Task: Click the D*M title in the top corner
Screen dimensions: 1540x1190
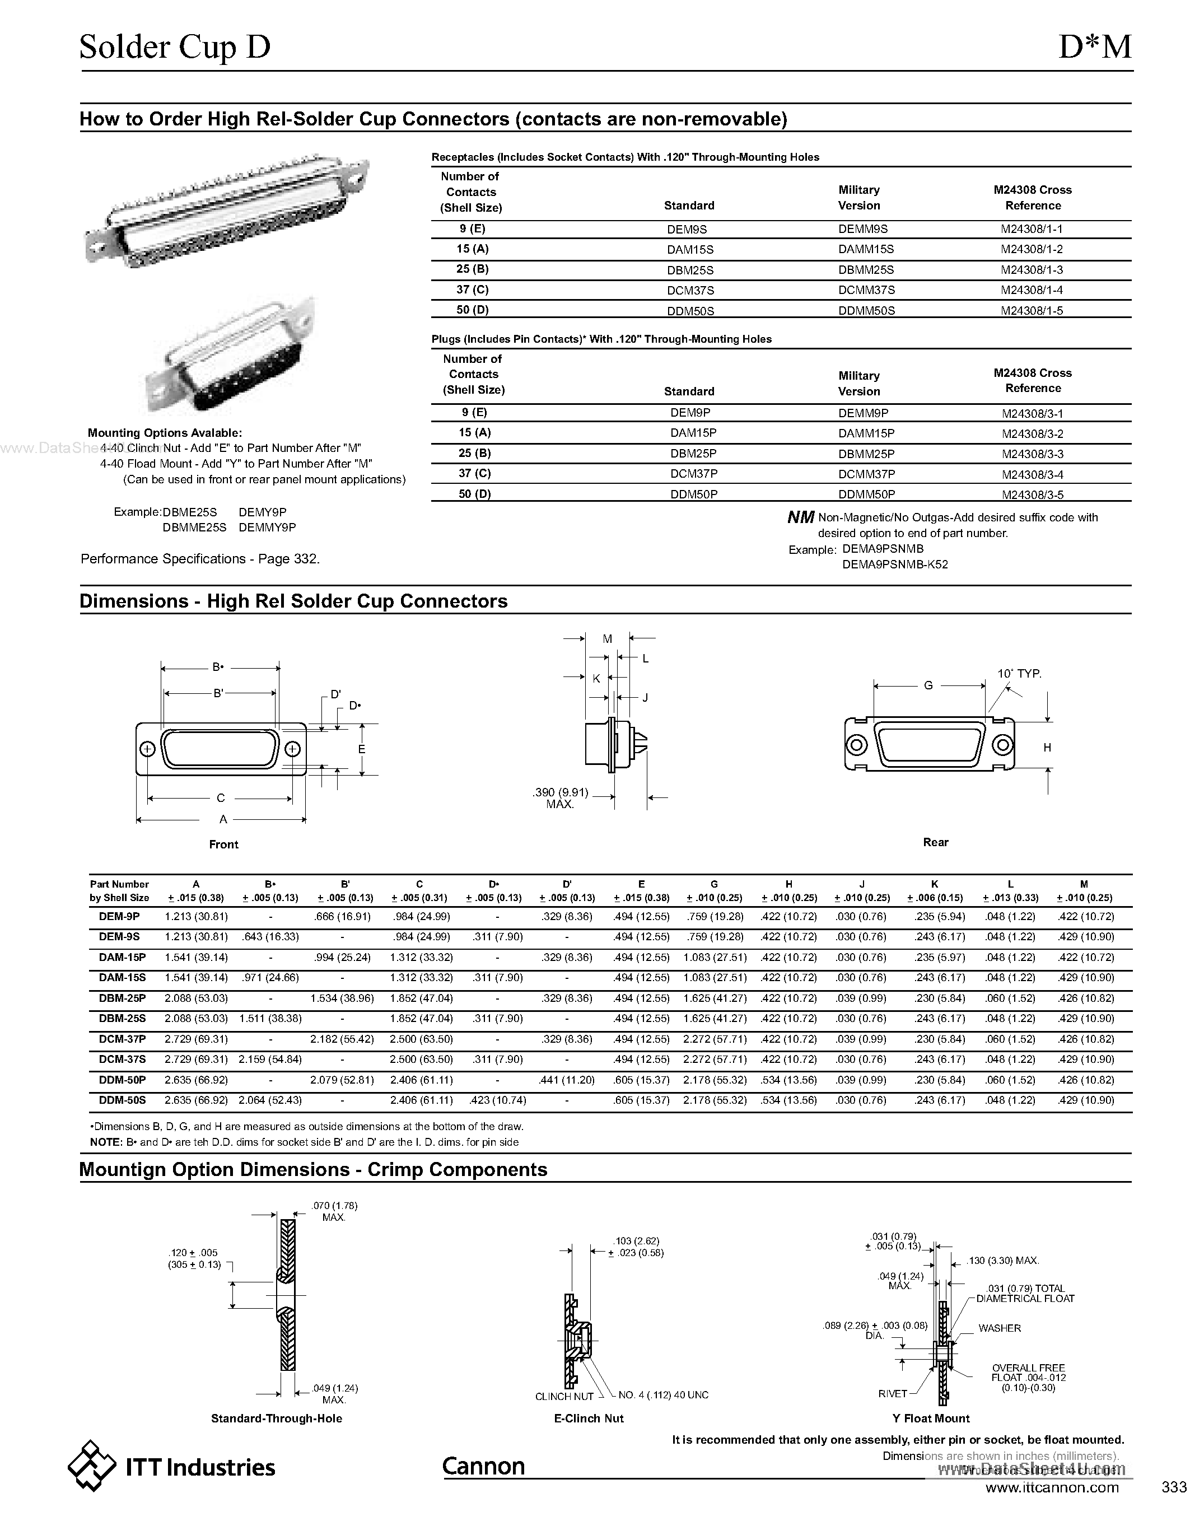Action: coord(1095,47)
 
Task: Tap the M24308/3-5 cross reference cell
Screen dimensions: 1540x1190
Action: coord(1032,495)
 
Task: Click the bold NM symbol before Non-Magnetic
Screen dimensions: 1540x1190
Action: coord(800,518)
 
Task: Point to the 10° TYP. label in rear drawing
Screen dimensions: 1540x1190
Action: coord(1019,674)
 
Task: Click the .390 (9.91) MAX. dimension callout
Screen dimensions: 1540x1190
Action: coord(560,798)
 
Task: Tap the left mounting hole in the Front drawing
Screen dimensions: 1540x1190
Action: coord(147,749)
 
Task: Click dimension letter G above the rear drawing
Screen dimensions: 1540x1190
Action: coord(928,685)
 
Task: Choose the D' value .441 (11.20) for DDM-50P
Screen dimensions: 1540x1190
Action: coord(567,1080)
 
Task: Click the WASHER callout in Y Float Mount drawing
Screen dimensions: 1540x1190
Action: coord(999,1328)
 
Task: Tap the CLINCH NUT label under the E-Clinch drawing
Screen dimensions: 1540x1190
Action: coord(564,1396)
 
